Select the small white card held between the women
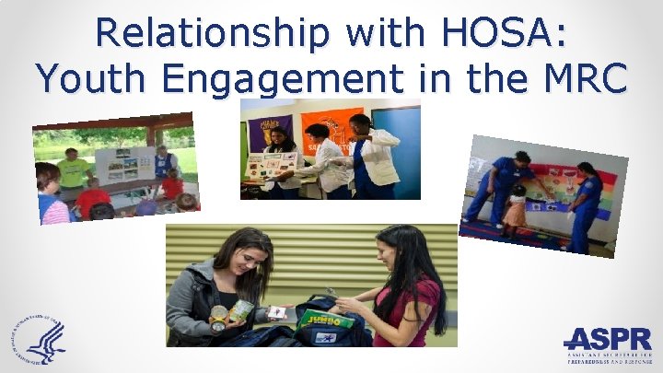coord(277,312)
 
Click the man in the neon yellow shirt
coord(73,169)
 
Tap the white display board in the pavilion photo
coord(124,165)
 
